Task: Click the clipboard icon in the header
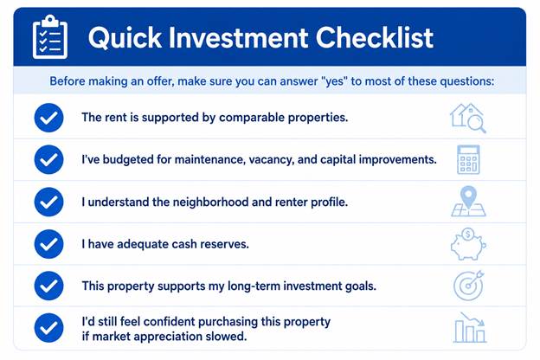coord(50,37)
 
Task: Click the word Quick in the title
coord(125,37)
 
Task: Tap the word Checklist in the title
coord(375,37)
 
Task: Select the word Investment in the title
coord(238,37)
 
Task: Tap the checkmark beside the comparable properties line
coord(49,118)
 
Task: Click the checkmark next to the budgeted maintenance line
coord(49,159)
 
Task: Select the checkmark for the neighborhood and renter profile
coord(49,202)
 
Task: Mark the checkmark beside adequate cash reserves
coord(49,244)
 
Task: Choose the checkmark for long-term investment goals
coord(49,286)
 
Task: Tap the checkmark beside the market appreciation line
coord(49,328)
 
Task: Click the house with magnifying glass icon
coord(468,118)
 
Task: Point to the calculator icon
coord(468,159)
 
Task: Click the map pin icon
coord(468,202)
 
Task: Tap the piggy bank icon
coord(468,244)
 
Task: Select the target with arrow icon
coord(469,286)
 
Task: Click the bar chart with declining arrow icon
coord(470,328)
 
